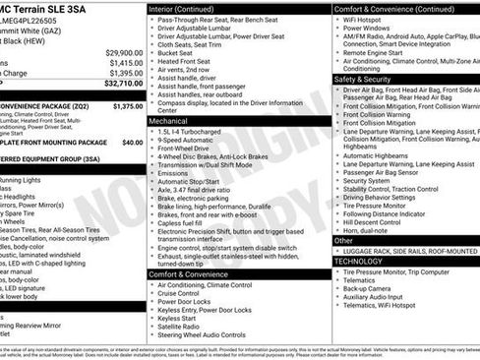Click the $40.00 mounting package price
click(132, 142)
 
